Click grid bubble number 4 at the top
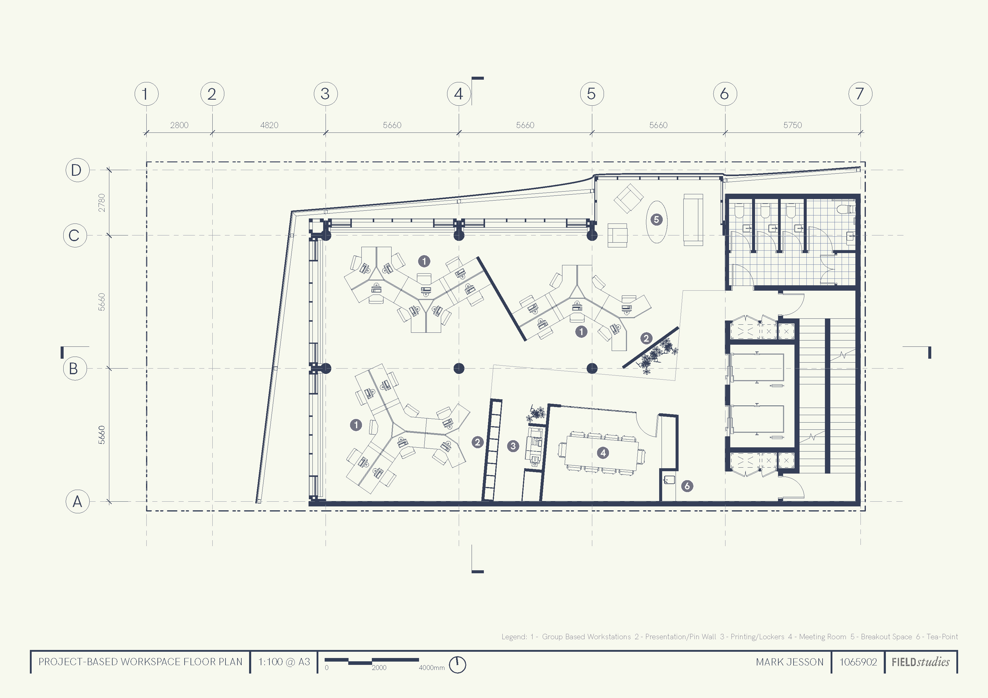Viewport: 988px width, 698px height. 459,94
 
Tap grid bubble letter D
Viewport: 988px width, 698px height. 77,170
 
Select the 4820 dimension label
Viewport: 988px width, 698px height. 269,125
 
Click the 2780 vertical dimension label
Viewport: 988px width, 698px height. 102,203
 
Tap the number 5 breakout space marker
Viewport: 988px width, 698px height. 656,220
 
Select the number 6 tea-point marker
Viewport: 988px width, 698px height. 687,486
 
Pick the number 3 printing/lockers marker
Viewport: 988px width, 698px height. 513,446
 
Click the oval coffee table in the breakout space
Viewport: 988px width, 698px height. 657,222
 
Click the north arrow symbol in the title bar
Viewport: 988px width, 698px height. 458,665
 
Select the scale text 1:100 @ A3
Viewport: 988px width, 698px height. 284,662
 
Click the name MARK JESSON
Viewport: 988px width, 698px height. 790,662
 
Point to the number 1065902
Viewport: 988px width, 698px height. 858,662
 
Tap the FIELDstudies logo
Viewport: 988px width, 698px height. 921,662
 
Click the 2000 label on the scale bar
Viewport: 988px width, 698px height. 379,668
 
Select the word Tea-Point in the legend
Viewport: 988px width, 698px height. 942,637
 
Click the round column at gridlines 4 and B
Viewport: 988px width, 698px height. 459,368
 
